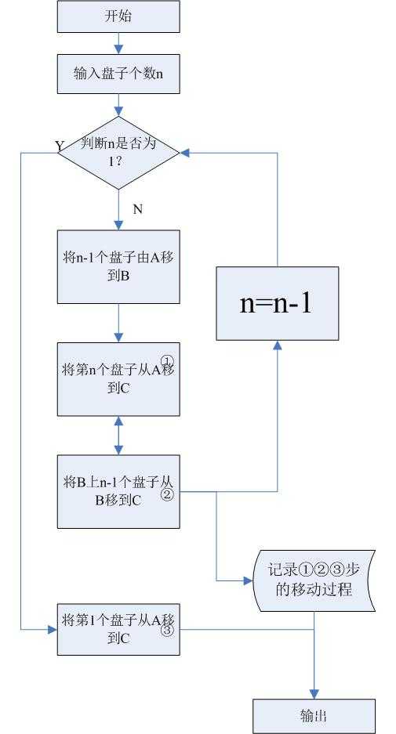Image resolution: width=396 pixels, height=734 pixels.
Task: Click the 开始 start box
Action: (x=118, y=16)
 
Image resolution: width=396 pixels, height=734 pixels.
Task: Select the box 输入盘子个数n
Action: (x=118, y=74)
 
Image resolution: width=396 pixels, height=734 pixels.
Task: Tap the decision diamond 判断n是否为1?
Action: (x=118, y=153)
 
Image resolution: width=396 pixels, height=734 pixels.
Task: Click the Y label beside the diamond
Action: (x=60, y=146)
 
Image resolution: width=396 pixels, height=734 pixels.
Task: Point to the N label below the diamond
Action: (x=137, y=209)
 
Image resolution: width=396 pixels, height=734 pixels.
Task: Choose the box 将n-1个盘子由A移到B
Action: (x=118, y=267)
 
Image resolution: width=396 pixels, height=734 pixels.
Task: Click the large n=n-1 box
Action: (x=278, y=303)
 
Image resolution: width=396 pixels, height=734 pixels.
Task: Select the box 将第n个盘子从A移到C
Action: (x=118, y=379)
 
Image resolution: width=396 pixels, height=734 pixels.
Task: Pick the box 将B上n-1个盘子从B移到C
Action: (x=118, y=491)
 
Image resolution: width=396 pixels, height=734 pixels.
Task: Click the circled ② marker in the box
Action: (x=167, y=495)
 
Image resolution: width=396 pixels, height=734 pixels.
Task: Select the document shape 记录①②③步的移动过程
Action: (x=314, y=580)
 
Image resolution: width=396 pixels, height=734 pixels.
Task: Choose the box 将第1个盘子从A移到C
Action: (x=118, y=629)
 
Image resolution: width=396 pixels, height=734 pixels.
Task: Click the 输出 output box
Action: (x=314, y=716)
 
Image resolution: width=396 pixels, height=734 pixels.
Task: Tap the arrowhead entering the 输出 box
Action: (x=314, y=694)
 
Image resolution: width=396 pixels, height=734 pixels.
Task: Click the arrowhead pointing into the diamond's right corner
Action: (x=186, y=153)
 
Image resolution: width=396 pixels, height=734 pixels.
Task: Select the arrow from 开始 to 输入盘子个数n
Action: (x=118, y=44)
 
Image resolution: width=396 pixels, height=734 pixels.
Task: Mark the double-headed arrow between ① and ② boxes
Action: (x=118, y=436)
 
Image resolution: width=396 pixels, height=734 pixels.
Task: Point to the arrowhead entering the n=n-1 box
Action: (x=278, y=345)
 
